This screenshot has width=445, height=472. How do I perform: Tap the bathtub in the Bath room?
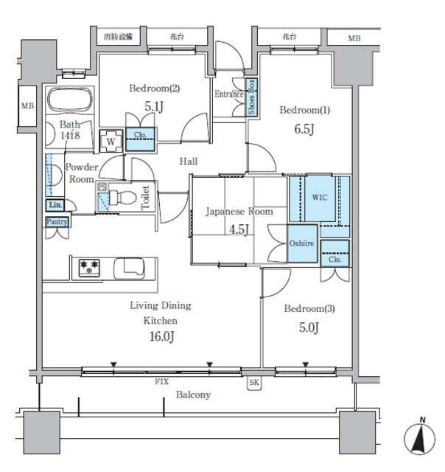70,100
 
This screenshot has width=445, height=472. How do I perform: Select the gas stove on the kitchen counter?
89,268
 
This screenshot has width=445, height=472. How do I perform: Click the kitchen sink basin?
129,268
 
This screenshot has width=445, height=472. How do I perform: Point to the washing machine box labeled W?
111,141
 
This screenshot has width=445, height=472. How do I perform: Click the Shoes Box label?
251,97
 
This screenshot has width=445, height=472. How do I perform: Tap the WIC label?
320,198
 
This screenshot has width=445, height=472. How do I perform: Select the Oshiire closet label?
301,243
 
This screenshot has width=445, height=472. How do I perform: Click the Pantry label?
57,222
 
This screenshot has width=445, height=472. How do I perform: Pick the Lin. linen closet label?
55,205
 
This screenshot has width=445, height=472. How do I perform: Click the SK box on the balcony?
254,383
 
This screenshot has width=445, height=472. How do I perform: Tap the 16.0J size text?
162,336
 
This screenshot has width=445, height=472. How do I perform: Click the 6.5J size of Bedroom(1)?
304,129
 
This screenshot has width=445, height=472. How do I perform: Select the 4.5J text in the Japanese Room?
239,229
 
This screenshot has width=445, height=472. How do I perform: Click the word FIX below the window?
162,382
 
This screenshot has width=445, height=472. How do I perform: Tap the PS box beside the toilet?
102,187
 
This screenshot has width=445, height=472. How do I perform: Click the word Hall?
189,162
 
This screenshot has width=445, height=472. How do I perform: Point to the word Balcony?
193,395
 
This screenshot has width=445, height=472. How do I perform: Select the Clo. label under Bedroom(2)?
140,135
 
